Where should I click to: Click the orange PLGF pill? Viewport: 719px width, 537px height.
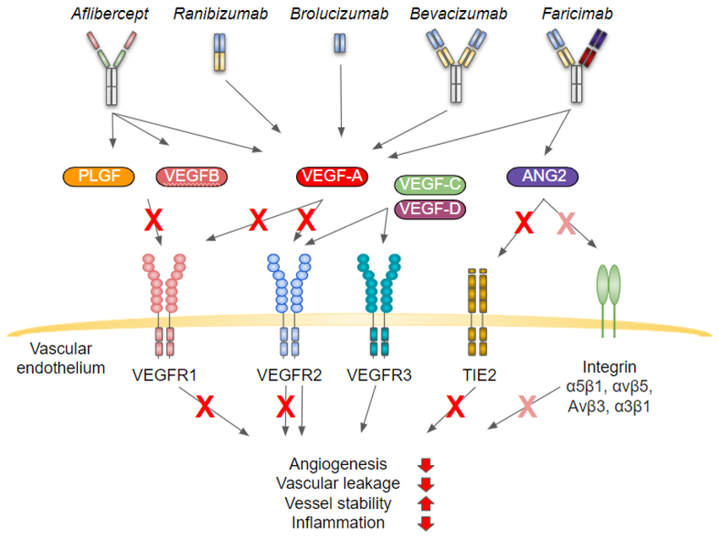coord(99,177)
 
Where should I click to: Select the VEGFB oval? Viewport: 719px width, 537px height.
coord(192,177)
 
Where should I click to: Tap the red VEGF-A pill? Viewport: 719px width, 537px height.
coord(332,177)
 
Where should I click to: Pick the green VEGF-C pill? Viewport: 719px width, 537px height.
coord(430,185)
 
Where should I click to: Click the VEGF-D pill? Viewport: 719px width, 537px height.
coord(430,209)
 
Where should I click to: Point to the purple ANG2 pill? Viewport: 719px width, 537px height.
coord(542,177)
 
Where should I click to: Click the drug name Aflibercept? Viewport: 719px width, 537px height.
coord(110,14)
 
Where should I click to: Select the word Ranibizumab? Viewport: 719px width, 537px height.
coord(221,14)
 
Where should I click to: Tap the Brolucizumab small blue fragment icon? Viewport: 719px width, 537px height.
coord(340,43)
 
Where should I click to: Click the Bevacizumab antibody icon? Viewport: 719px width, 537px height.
coord(456,65)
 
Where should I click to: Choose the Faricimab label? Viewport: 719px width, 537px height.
coord(577,14)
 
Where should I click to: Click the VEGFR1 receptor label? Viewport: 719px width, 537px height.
coord(164,375)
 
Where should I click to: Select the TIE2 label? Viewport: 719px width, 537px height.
coord(479,375)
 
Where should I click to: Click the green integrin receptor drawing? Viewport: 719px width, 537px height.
coord(608,301)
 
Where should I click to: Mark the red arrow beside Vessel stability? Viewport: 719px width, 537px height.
coord(425,503)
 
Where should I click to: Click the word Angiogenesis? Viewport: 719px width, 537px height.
coord(338,464)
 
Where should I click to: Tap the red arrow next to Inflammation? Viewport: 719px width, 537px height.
coord(425,523)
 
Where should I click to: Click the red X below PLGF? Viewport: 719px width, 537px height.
coord(154,220)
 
